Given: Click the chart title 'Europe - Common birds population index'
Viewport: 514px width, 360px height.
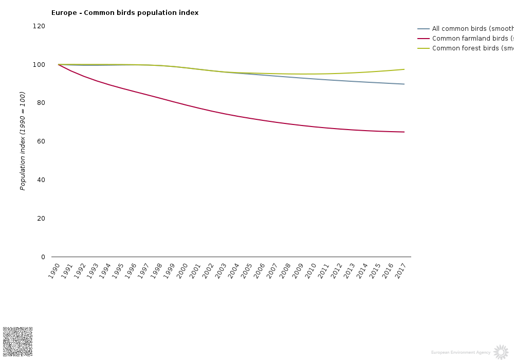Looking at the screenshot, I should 125,13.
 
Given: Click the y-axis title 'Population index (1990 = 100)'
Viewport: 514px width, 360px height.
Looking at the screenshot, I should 23,141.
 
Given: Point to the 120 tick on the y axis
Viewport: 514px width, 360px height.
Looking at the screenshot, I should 40,26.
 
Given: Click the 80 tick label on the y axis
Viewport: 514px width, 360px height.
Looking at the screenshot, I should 41,103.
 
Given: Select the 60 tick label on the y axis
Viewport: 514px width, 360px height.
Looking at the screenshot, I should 41,141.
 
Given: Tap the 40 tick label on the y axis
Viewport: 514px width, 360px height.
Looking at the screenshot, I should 41,180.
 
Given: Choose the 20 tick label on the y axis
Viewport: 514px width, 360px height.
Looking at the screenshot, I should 41,219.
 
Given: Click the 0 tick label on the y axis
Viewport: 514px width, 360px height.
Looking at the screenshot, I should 43,257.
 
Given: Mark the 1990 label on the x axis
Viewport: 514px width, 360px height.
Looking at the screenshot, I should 54,271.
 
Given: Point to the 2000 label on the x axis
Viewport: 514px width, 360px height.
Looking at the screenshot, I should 182,271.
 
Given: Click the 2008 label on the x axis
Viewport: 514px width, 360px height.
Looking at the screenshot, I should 285,271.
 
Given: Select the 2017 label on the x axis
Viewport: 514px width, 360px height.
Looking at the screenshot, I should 400,271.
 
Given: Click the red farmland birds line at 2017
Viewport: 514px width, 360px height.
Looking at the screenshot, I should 404,132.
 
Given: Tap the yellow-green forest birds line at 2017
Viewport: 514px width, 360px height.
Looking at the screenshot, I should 404,69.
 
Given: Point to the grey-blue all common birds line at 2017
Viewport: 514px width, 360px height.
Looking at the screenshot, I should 404,84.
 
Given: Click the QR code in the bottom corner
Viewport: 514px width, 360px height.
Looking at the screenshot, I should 18,341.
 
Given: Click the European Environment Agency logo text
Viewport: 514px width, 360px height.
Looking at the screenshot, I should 461,352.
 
